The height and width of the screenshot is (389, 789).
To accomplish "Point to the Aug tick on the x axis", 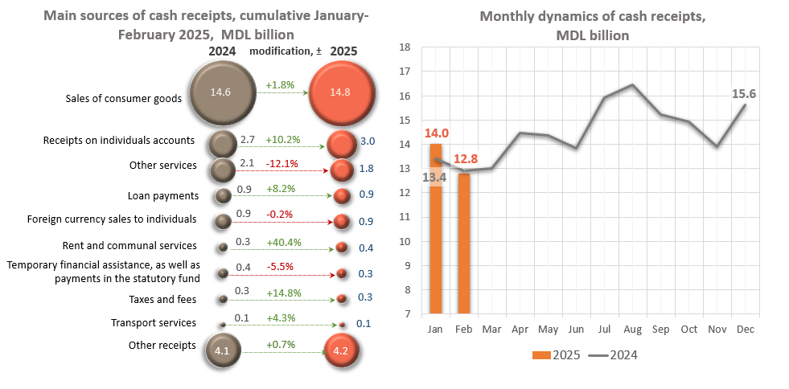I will pyautogui.click(x=633, y=330).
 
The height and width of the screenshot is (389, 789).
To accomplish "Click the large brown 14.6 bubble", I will pyautogui.click(x=220, y=92).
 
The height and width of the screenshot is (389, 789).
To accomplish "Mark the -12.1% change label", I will pyautogui.click(x=282, y=164).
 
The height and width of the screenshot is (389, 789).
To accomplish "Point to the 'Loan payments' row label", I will pyautogui.click(x=163, y=195).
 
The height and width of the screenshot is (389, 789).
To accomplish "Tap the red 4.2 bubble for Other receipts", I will pyautogui.click(x=340, y=350).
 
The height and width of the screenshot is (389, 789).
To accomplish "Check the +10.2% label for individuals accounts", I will pyautogui.click(x=282, y=139).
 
